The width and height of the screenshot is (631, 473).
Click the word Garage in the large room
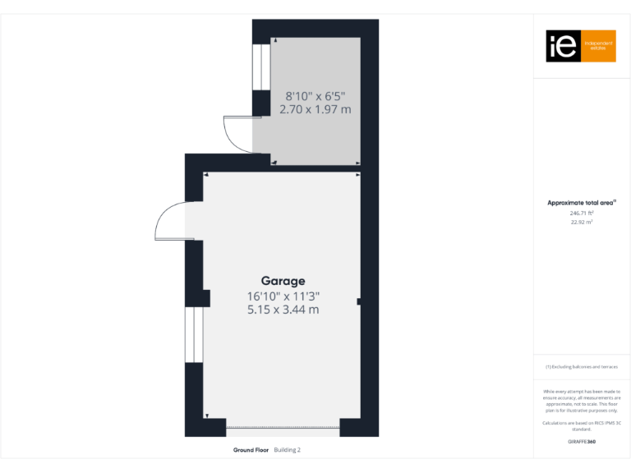283,281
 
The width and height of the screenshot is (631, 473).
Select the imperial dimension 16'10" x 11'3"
283,296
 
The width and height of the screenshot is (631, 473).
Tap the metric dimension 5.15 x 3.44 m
283,310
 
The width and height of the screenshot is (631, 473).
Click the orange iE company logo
581,47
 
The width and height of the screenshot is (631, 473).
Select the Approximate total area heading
581,202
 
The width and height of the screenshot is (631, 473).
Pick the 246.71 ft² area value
582,213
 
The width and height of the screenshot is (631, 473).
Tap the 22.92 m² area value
582,222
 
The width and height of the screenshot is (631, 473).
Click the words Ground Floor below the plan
251,450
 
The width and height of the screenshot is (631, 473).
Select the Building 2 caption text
288,450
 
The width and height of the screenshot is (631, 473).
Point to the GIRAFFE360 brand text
581,442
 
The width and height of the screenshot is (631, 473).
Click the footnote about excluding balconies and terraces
582,367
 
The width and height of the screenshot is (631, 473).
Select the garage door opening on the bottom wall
282,427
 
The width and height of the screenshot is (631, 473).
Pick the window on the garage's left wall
195,334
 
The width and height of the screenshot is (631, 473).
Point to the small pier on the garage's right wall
359,302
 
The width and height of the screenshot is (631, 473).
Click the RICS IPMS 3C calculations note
582,425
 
